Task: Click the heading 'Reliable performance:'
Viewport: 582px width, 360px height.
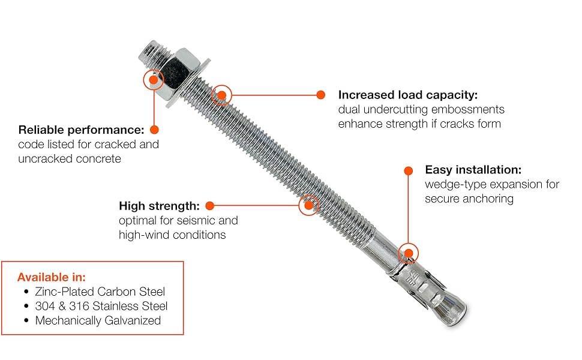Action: pyautogui.click(x=81, y=130)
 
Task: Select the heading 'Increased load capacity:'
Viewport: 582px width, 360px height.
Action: pyautogui.click(x=408, y=95)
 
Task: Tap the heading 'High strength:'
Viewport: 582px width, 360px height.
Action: pyautogui.click(x=159, y=206)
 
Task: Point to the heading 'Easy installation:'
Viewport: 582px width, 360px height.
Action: pyautogui.click(x=473, y=170)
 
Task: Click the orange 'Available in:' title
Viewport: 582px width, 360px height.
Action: pyautogui.click(x=52, y=277)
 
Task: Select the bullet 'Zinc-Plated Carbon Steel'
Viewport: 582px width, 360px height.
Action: pyautogui.click(x=100, y=292)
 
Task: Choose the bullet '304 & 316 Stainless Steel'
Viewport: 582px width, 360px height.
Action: pyautogui.click(x=101, y=306)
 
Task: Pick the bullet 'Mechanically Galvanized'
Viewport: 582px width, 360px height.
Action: pyautogui.click(x=98, y=320)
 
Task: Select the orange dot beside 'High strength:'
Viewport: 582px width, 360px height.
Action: pyautogui.click(x=210, y=206)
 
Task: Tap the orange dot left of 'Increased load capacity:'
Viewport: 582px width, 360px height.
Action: pyautogui.click(x=320, y=95)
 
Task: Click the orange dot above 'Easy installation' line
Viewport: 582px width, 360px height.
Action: pyautogui.click(x=408, y=171)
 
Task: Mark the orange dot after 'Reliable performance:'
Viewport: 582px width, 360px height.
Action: pyautogui.click(x=154, y=130)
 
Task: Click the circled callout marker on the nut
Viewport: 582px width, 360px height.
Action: pyautogui.click(x=153, y=79)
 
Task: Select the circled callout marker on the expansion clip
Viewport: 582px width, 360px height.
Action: pyautogui.click(x=408, y=253)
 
